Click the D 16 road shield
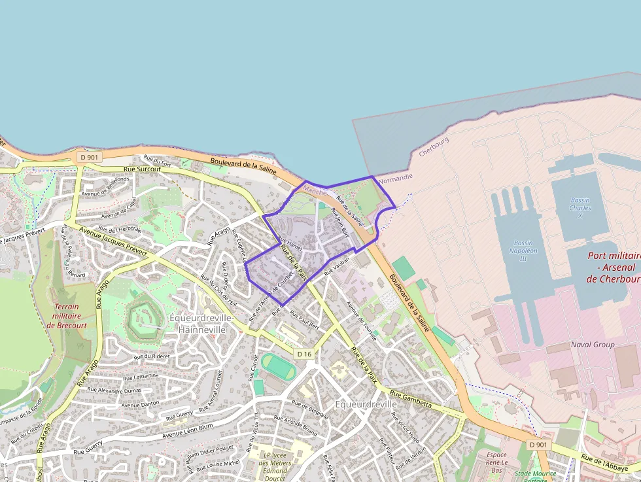tap(305, 354)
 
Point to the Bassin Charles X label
tap(580, 208)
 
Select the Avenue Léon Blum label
tap(188, 430)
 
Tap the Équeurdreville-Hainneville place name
tap(201, 324)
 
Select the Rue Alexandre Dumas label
tap(114, 390)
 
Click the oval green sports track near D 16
tap(279, 366)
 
